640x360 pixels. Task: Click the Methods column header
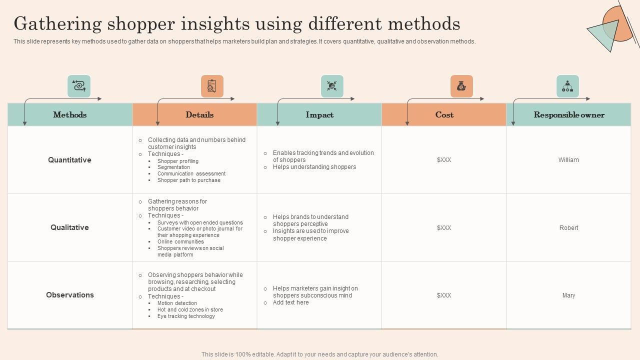[x=69, y=114]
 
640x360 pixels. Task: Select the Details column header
[x=199, y=114]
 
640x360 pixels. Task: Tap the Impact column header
[x=319, y=115]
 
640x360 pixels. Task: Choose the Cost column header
[x=444, y=114]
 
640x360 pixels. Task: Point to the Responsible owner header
[x=569, y=115]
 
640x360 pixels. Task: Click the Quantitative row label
[x=69, y=160]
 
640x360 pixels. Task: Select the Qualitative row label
[x=69, y=227]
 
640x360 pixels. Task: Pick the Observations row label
[x=69, y=295]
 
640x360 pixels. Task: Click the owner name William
[x=568, y=160]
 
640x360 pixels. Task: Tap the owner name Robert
[x=568, y=227]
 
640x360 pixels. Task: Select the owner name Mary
[x=568, y=295]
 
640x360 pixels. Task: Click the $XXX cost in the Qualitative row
[x=444, y=227]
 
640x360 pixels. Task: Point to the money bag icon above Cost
[x=461, y=86]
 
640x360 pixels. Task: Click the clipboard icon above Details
[x=212, y=86]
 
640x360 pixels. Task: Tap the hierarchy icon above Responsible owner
[x=567, y=86]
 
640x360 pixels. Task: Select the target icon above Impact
[x=332, y=86]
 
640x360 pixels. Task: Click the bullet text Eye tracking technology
[x=186, y=316]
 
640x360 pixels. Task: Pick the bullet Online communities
[x=180, y=241]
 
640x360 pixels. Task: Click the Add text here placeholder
[x=290, y=302]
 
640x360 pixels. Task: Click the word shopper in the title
[x=141, y=24]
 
